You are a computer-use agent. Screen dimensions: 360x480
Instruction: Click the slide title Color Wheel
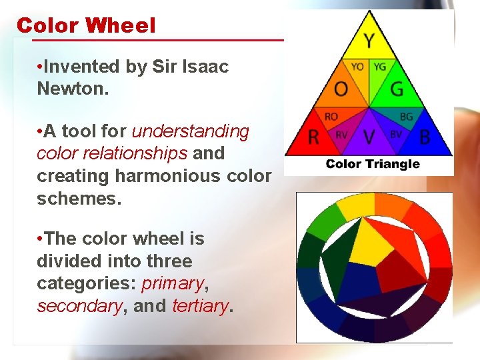tap(86, 25)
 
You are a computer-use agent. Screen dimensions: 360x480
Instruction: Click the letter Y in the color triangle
tap(369, 41)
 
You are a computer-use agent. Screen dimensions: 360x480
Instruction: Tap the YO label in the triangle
tap(357, 67)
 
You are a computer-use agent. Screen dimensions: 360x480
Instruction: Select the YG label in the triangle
tap(379, 67)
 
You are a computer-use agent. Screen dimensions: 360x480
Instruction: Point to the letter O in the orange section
tap(341, 89)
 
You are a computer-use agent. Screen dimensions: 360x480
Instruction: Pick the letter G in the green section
tap(397, 89)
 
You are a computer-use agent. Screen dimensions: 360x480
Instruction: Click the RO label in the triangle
tap(331, 117)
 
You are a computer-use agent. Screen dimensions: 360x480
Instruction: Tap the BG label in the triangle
tap(406, 117)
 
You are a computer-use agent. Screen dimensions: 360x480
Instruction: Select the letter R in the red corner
tap(313, 138)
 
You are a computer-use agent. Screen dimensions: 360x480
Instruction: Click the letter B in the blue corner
tap(425, 138)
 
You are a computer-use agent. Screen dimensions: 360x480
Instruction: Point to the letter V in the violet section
tap(369, 137)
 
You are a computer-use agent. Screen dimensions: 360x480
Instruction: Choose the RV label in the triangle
tap(341, 134)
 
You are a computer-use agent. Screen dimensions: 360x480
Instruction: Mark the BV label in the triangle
tap(396, 134)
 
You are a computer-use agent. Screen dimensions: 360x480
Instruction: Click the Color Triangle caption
tap(373, 164)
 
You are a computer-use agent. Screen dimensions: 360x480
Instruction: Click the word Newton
tap(71, 88)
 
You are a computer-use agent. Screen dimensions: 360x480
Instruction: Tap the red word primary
tap(172, 283)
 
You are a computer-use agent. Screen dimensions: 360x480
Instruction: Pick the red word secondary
tap(79, 306)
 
